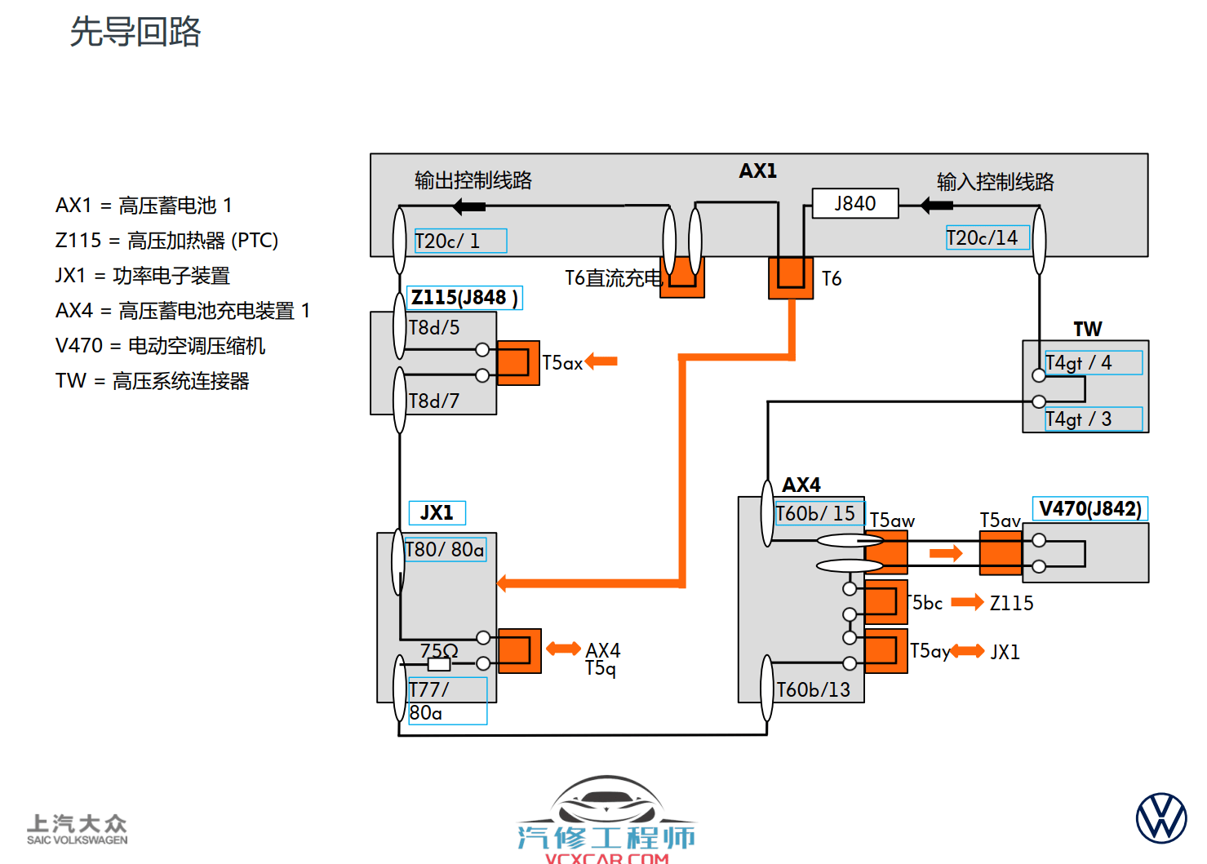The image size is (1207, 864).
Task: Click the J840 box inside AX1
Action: [x=854, y=204]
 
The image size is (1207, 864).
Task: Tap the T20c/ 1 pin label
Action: [x=460, y=241]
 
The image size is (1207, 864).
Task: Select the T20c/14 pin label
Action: [x=987, y=237]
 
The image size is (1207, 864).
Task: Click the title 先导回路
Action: [x=135, y=32]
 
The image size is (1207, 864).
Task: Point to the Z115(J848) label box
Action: [x=464, y=298]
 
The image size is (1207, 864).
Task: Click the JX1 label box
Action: [x=437, y=512]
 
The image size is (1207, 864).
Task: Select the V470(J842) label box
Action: [x=1089, y=508]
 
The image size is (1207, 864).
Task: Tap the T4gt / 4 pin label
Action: [x=1093, y=362]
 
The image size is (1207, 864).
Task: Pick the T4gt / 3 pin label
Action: [x=1093, y=419]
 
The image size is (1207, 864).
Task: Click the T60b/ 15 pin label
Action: [x=818, y=513]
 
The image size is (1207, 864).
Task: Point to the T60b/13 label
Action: [x=813, y=690]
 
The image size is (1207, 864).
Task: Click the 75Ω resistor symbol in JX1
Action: [x=439, y=663]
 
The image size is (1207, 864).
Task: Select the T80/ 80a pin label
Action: [x=446, y=549]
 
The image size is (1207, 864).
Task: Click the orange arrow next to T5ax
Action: [x=601, y=361]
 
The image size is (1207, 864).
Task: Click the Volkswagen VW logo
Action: [x=1161, y=817]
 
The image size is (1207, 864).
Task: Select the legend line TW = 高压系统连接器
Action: [x=153, y=381]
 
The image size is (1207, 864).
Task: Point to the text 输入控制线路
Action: [x=995, y=182]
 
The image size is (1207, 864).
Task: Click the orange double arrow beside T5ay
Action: [x=968, y=650]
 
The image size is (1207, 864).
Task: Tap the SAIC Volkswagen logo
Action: [x=77, y=829]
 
